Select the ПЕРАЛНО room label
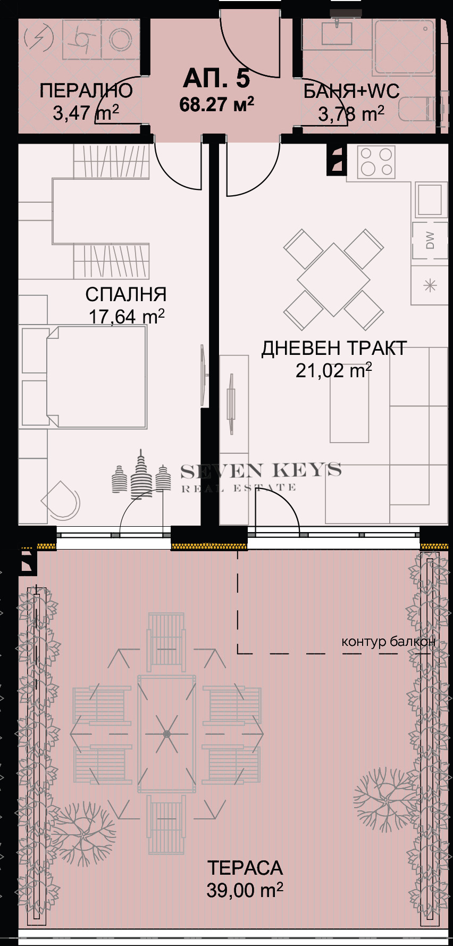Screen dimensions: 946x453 (86, 91)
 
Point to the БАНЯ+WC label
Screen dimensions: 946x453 (351, 92)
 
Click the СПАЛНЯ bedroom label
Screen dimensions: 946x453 (126, 294)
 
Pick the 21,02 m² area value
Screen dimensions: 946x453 (333, 370)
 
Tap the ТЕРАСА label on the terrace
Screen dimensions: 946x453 (245, 868)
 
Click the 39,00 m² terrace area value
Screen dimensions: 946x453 (245, 890)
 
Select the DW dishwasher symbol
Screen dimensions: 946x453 (430, 240)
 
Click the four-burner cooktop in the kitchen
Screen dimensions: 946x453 (376, 162)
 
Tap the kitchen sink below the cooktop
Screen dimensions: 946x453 (429, 200)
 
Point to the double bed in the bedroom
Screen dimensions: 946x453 (96, 377)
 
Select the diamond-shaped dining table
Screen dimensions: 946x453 (333, 279)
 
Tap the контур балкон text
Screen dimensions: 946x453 (388, 641)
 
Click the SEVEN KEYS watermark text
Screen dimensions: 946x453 (261, 471)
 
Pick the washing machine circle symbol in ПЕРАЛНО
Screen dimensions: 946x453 (121, 39)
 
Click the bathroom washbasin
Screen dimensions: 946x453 (337, 32)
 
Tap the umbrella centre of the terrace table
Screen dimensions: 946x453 (166, 734)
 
